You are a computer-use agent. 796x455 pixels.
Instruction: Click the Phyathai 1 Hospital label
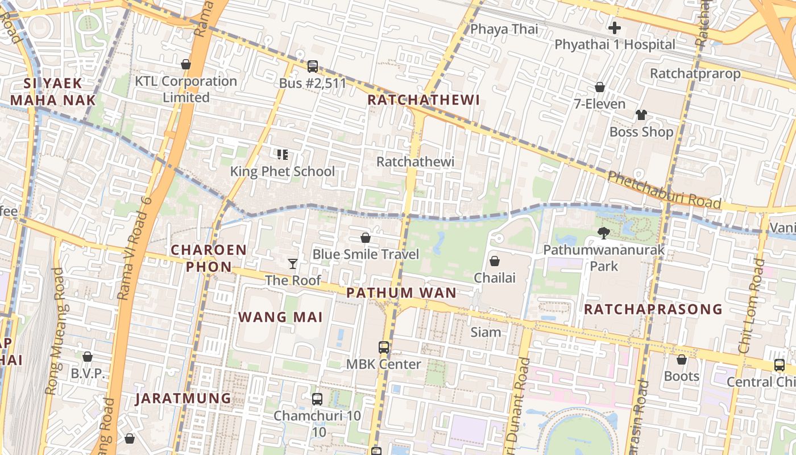[x=615, y=44]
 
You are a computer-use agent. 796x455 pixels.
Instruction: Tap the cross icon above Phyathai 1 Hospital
[x=614, y=27]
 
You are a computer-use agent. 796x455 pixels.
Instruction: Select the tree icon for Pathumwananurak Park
[x=603, y=233]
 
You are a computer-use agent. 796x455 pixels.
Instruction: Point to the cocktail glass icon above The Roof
[x=293, y=263]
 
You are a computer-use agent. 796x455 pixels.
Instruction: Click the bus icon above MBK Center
[x=384, y=347]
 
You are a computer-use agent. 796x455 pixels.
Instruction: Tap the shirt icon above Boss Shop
[x=641, y=115]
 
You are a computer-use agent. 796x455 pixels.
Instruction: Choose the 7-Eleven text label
[x=599, y=104]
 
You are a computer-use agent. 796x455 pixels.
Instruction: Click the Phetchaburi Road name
[x=664, y=190]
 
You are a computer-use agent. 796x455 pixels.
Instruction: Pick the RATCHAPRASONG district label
[x=653, y=309]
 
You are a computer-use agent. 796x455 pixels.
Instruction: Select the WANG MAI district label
[x=280, y=317]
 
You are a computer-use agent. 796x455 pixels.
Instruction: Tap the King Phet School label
[x=282, y=171]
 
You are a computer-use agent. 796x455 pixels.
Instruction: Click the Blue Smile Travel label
[x=366, y=254]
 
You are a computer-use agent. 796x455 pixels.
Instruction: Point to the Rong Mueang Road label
[x=54, y=332]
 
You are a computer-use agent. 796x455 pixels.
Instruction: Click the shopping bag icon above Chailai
[x=495, y=261]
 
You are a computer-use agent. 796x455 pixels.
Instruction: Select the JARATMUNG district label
[x=183, y=398]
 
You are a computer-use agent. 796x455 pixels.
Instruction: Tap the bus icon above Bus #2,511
[x=312, y=67]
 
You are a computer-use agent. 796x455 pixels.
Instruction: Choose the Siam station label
[x=486, y=332]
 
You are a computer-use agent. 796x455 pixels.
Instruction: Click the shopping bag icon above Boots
[x=681, y=359]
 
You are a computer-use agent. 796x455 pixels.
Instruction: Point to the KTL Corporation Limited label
[x=186, y=89]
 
